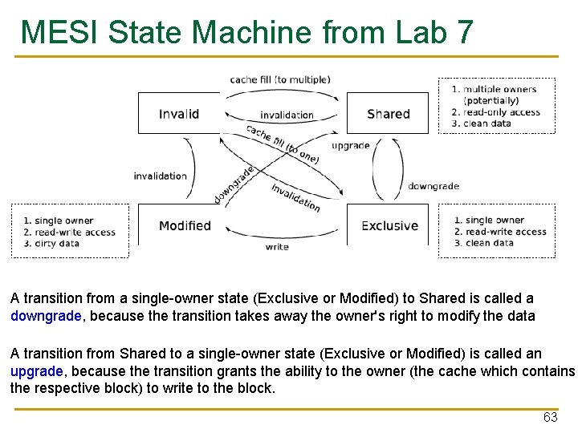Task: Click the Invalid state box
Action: pyautogui.click(x=178, y=113)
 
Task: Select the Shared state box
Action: pyautogui.click(x=388, y=113)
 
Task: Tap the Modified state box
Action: pyautogui.click(x=185, y=225)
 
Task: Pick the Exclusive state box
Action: pyautogui.click(x=389, y=225)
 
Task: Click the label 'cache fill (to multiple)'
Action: pyautogui.click(x=279, y=79)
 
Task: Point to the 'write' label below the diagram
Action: pyautogui.click(x=277, y=247)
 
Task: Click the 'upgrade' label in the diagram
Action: pyautogui.click(x=351, y=145)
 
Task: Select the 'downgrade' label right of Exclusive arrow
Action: pyautogui.click(x=433, y=186)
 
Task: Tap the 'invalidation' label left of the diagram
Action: pyautogui.click(x=160, y=176)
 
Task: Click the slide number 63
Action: pyautogui.click(x=550, y=417)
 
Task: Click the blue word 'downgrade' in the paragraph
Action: pyautogui.click(x=46, y=316)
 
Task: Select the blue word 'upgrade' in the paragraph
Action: pyautogui.click(x=36, y=372)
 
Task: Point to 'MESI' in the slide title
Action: pyautogui.click(x=59, y=33)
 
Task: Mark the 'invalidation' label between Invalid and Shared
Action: pyautogui.click(x=287, y=115)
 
